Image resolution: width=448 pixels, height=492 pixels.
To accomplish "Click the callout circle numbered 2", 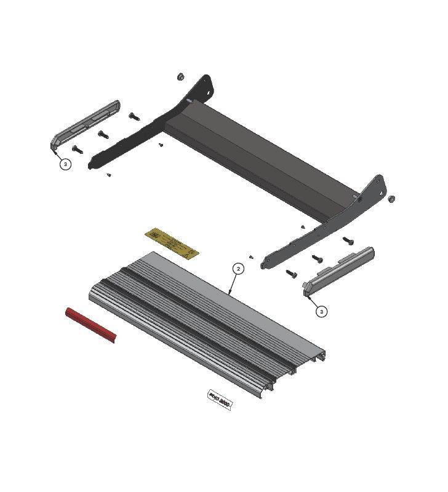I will tap(239, 269).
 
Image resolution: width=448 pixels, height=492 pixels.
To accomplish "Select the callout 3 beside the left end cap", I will tap(66, 164).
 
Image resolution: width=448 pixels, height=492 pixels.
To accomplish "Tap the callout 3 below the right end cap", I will tap(322, 312).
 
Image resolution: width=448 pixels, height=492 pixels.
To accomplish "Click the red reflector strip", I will tap(90, 325).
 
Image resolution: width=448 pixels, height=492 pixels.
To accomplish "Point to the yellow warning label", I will tap(172, 243).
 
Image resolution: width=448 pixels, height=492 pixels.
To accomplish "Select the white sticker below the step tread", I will tap(220, 402).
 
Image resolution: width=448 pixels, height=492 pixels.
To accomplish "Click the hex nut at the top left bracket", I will tap(181, 77).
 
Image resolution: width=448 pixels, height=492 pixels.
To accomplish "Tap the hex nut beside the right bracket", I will tap(391, 199).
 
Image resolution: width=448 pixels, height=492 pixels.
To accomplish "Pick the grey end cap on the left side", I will tap(85, 125).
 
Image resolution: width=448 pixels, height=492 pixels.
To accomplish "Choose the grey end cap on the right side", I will tap(339, 271).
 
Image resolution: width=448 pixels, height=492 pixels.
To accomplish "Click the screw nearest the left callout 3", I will tap(77, 148).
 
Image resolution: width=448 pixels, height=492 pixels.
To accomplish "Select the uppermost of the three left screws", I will tap(134, 116).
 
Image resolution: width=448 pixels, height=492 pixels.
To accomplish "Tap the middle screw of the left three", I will tap(103, 133).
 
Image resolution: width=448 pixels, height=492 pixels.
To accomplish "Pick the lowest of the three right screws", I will tap(291, 273).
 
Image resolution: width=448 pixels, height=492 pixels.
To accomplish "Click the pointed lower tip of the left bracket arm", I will tap(92, 165).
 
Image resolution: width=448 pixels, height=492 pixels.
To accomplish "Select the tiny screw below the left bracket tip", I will tap(109, 175).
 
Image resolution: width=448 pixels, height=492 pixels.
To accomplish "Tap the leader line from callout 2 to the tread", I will tap(233, 285).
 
